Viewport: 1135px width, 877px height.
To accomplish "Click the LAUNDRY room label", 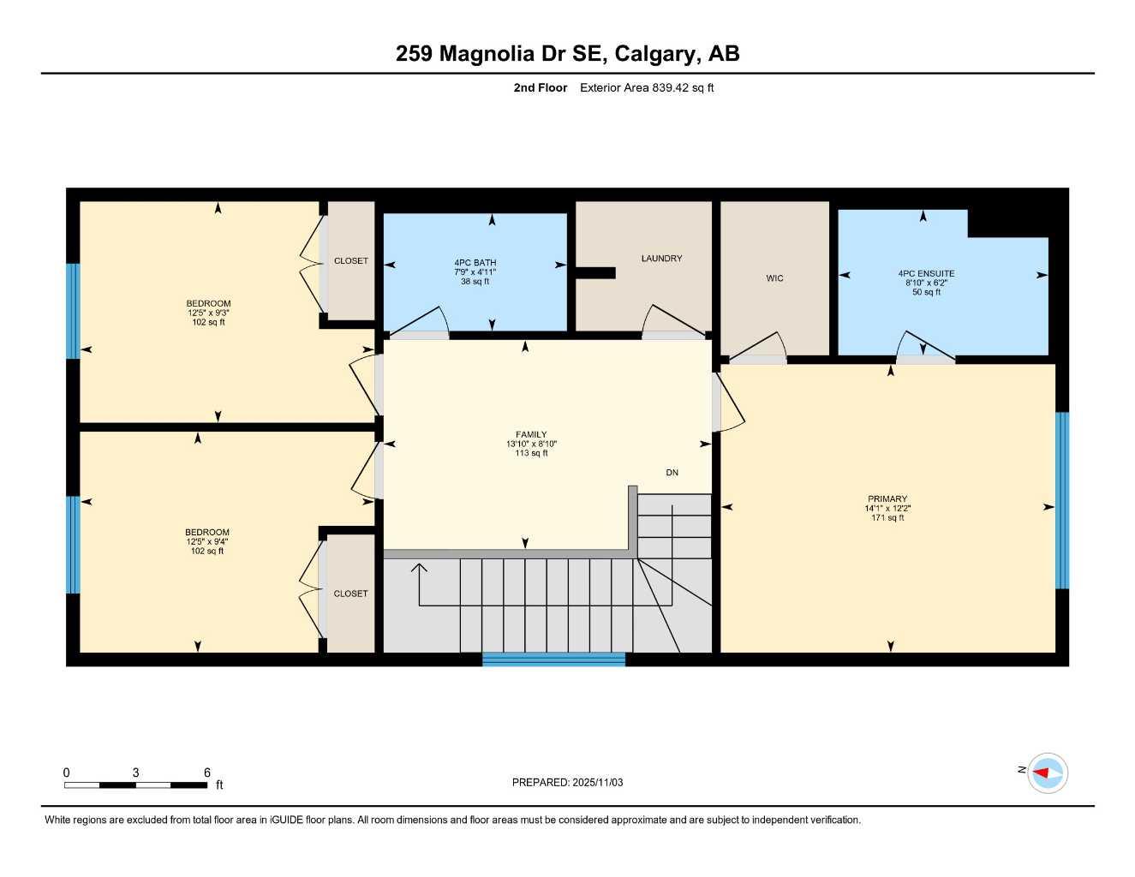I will pyautogui.click(x=661, y=259).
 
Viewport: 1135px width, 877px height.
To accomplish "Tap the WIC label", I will pyautogui.click(x=774, y=278).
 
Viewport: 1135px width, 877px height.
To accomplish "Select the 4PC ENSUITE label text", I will pyautogui.click(x=926, y=274).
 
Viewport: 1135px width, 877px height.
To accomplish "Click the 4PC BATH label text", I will pyautogui.click(x=475, y=263).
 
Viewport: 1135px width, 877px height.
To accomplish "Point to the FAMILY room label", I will pyautogui.click(x=531, y=435).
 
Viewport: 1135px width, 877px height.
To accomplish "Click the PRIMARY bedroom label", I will pyautogui.click(x=887, y=499).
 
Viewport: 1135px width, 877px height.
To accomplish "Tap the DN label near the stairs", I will pyautogui.click(x=672, y=473).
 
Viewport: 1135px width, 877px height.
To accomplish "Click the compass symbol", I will pyautogui.click(x=1047, y=773).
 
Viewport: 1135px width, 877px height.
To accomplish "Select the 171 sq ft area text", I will pyautogui.click(x=887, y=518).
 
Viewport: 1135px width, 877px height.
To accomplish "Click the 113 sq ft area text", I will pyautogui.click(x=531, y=453).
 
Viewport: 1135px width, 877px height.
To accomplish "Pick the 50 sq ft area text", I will pyautogui.click(x=926, y=292).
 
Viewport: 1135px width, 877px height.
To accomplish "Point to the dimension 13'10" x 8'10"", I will pyautogui.click(x=531, y=444).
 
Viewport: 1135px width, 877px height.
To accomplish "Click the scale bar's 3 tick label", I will pyautogui.click(x=135, y=773).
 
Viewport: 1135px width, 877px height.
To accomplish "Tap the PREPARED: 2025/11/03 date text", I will pyautogui.click(x=567, y=783).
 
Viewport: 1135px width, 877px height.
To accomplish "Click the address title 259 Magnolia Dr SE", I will pyautogui.click(x=502, y=54).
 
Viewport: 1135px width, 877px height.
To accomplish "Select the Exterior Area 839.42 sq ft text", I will pyautogui.click(x=647, y=87).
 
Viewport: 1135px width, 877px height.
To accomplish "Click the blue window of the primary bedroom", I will pyautogui.click(x=1062, y=501).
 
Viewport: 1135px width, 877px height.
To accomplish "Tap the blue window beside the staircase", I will pyautogui.click(x=553, y=659).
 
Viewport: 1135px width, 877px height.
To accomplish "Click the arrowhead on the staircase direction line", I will pyautogui.click(x=419, y=567).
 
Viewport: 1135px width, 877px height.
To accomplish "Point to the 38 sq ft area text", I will pyautogui.click(x=475, y=282).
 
